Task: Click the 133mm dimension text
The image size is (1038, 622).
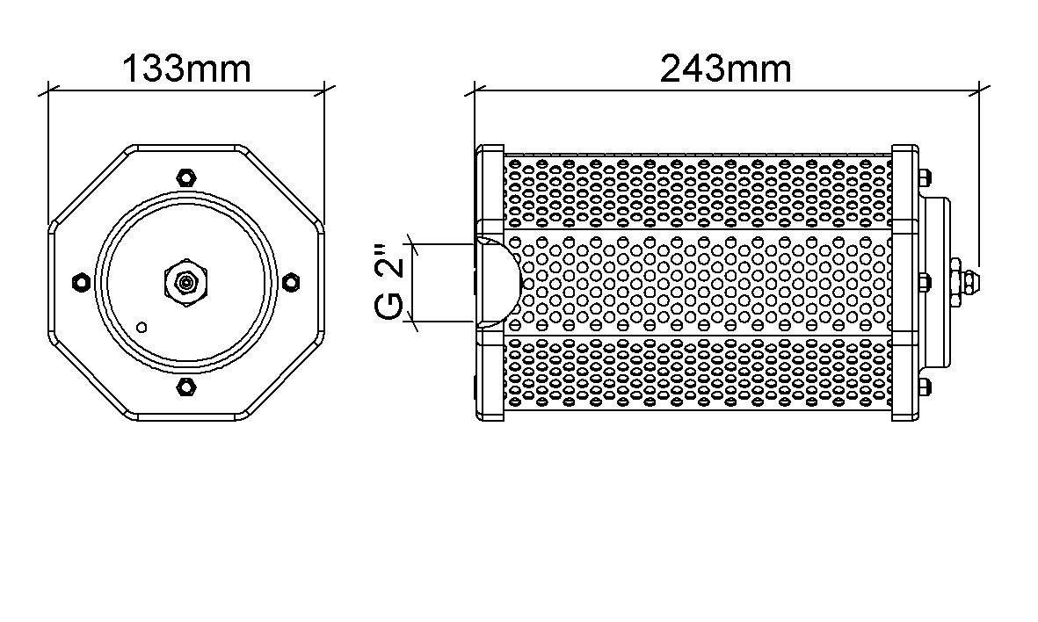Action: pos(186,69)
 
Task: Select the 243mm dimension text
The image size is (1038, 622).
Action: pos(725,69)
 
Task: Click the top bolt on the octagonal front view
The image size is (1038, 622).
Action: pos(185,176)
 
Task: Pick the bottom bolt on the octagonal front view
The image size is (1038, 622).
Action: pos(185,386)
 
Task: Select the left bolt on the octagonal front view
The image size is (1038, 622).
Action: pos(81,281)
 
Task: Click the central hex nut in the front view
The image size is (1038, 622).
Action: pos(185,282)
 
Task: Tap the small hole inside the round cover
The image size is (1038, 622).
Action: pos(142,328)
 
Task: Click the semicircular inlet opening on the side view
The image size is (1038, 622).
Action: pos(503,283)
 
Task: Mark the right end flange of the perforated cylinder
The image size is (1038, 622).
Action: pos(904,282)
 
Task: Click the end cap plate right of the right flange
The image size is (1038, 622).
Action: pos(937,282)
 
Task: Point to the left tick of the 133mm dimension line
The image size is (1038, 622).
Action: pos(47,89)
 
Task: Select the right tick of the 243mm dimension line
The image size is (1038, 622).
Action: pos(978,89)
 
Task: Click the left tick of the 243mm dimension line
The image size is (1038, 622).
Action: pos(475,89)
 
